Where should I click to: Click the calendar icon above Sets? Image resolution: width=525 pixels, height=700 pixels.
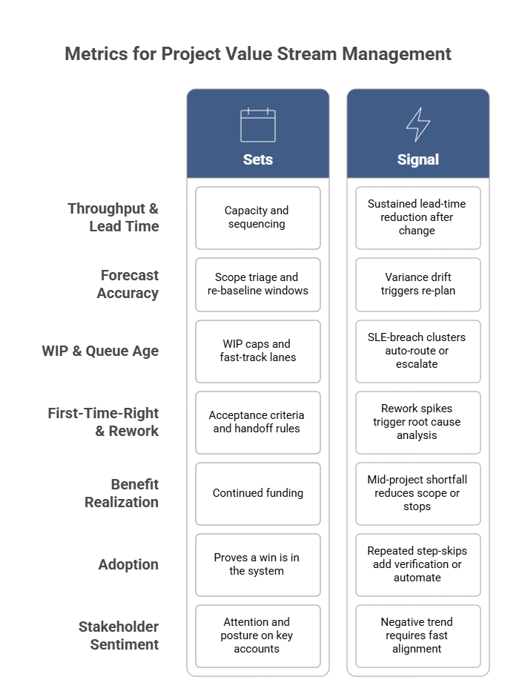[258, 125]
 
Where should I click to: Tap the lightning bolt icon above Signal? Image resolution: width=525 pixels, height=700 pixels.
[417, 125]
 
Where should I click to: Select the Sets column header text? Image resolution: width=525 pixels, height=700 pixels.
[258, 159]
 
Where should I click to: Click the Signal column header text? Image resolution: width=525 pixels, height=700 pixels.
[417, 159]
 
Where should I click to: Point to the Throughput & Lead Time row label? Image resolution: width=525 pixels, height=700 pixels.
[113, 217]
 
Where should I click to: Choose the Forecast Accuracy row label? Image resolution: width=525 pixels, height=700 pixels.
[128, 284]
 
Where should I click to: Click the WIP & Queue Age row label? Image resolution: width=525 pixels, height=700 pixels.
[100, 351]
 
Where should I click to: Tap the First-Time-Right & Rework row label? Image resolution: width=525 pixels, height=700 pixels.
[103, 422]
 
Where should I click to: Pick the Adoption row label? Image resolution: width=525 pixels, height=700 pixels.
[128, 564]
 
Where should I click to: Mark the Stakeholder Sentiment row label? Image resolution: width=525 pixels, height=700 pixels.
[119, 635]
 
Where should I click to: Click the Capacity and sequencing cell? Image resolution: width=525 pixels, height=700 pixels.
[257, 217]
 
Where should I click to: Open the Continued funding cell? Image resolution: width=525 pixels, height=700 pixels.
[257, 493]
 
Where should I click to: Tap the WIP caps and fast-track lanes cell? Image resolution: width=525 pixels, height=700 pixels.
[257, 351]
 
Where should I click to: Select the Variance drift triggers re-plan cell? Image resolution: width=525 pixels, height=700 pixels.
[417, 284]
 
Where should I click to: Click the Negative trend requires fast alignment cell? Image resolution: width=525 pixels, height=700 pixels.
[417, 635]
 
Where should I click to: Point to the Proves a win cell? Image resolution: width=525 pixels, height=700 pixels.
[257, 564]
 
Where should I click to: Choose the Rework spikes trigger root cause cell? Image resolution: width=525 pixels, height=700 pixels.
[417, 422]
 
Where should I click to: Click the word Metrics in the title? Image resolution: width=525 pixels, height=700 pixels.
[93, 54]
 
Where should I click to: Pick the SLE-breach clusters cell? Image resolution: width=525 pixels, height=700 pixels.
[417, 351]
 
